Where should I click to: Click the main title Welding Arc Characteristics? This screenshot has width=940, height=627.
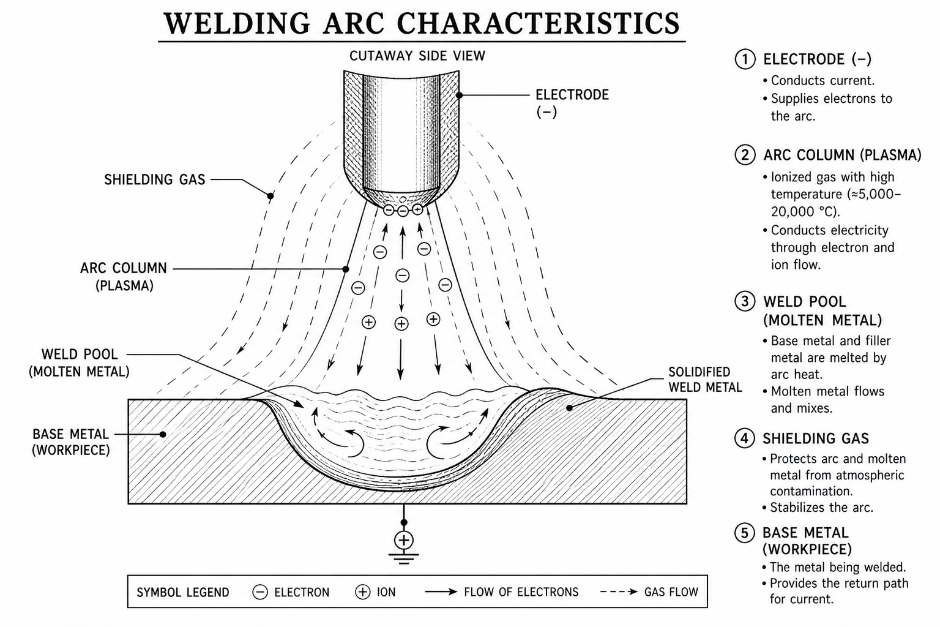point(421,23)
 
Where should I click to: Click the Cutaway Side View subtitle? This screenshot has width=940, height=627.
point(417,56)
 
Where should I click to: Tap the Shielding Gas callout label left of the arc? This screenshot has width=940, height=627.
point(154,180)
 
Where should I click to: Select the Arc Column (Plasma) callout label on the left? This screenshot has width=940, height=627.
point(124,277)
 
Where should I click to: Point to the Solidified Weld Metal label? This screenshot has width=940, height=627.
point(705,379)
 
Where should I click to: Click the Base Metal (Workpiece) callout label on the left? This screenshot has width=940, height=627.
point(71,442)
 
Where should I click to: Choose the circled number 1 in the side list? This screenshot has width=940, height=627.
point(745,59)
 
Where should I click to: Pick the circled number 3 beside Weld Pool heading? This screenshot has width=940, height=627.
point(745,301)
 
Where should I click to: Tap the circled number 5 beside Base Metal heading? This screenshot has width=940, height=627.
point(744,533)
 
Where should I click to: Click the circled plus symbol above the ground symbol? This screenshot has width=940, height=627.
point(404,540)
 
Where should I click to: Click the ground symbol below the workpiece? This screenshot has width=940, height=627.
point(404,559)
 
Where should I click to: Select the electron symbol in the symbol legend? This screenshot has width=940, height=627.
point(259,592)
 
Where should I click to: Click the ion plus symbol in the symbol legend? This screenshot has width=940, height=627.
point(362,592)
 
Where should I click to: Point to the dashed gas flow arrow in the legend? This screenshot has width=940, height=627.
point(619,592)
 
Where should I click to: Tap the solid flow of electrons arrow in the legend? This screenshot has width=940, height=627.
point(441,592)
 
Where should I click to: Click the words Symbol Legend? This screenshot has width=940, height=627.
point(183,593)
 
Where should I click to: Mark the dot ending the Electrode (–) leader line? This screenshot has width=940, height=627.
point(459,96)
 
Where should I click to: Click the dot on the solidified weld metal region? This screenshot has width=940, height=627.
point(570,408)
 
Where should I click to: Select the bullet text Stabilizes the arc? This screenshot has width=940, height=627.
point(821,508)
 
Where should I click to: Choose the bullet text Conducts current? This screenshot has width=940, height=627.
point(822,81)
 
